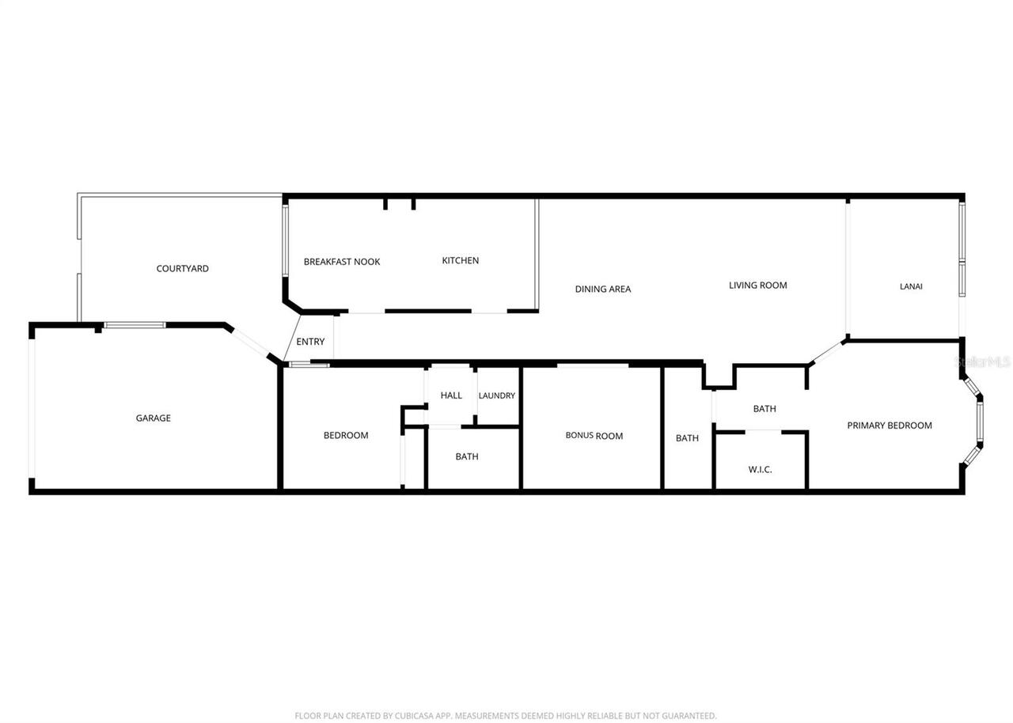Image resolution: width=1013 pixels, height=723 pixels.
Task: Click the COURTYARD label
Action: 182,269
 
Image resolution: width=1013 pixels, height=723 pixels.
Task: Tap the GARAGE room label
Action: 153,418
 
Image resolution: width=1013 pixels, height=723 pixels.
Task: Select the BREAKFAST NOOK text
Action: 342,262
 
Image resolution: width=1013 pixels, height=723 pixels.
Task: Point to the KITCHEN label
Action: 460,261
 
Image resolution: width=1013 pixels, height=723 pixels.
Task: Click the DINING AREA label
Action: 602,290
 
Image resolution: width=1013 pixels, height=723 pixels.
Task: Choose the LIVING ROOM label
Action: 757,286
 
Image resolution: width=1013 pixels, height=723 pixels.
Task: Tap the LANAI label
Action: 911,286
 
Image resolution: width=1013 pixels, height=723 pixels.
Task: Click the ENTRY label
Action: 310,342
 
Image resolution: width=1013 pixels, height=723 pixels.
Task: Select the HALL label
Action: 451,396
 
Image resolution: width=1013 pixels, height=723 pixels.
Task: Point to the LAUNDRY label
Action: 497,396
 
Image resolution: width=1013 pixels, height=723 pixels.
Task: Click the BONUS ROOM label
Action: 594,436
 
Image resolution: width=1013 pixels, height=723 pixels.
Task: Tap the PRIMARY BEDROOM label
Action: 890,426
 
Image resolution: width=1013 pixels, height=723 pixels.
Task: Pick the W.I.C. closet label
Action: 760,470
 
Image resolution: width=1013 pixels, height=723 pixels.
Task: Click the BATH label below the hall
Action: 467,456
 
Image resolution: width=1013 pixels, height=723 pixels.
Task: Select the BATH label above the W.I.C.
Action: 764,409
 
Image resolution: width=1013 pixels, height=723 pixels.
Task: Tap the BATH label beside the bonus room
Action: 687,438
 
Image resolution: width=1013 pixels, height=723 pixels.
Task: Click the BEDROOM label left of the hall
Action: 346,436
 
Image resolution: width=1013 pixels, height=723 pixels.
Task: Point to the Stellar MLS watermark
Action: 984,361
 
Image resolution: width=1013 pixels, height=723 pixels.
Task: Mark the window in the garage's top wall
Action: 135,325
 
